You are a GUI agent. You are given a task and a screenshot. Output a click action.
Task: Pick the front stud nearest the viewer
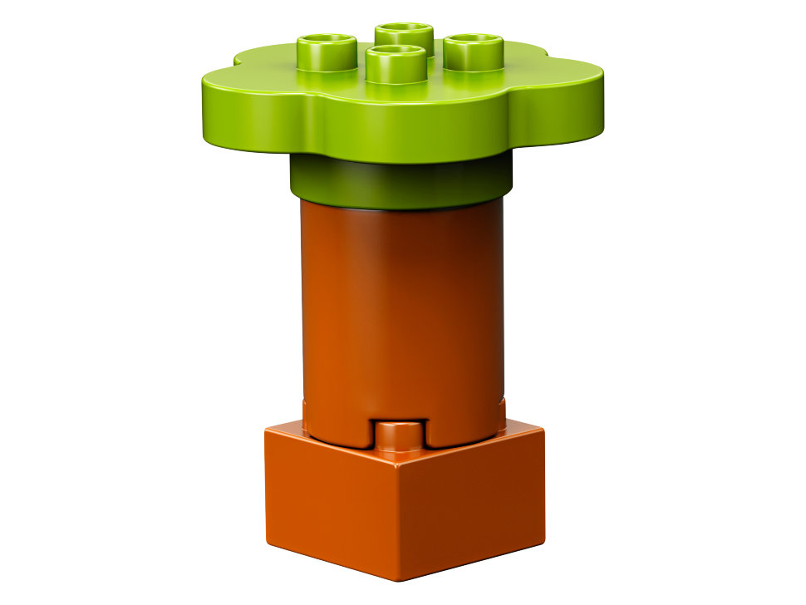click(x=395, y=64)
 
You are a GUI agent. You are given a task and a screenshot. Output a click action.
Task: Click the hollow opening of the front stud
click(x=394, y=53)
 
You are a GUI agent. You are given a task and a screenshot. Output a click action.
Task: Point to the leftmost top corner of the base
click(x=265, y=430)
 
